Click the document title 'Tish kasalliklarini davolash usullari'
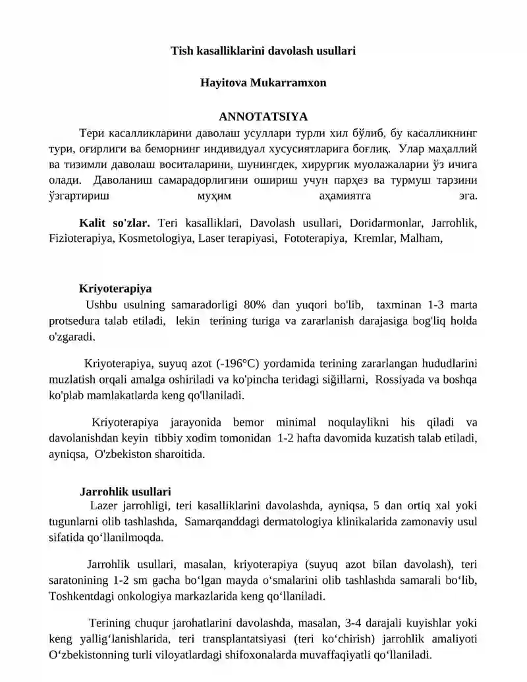click(263, 50)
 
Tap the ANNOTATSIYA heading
click(263, 117)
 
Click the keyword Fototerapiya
click(316, 239)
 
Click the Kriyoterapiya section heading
click(115, 289)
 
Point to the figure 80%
click(254, 305)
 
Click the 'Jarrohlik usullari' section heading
click(125, 492)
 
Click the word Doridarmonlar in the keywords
click(381, 223)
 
